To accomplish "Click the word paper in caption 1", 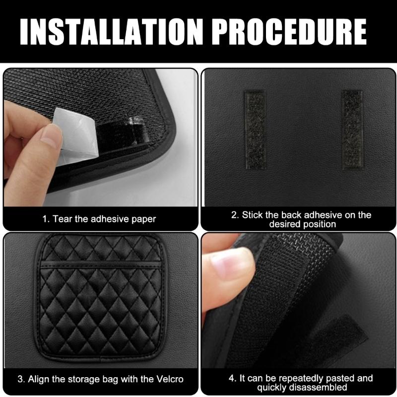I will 144,219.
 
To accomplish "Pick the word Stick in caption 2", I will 253,215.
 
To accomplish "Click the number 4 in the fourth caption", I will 231,378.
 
